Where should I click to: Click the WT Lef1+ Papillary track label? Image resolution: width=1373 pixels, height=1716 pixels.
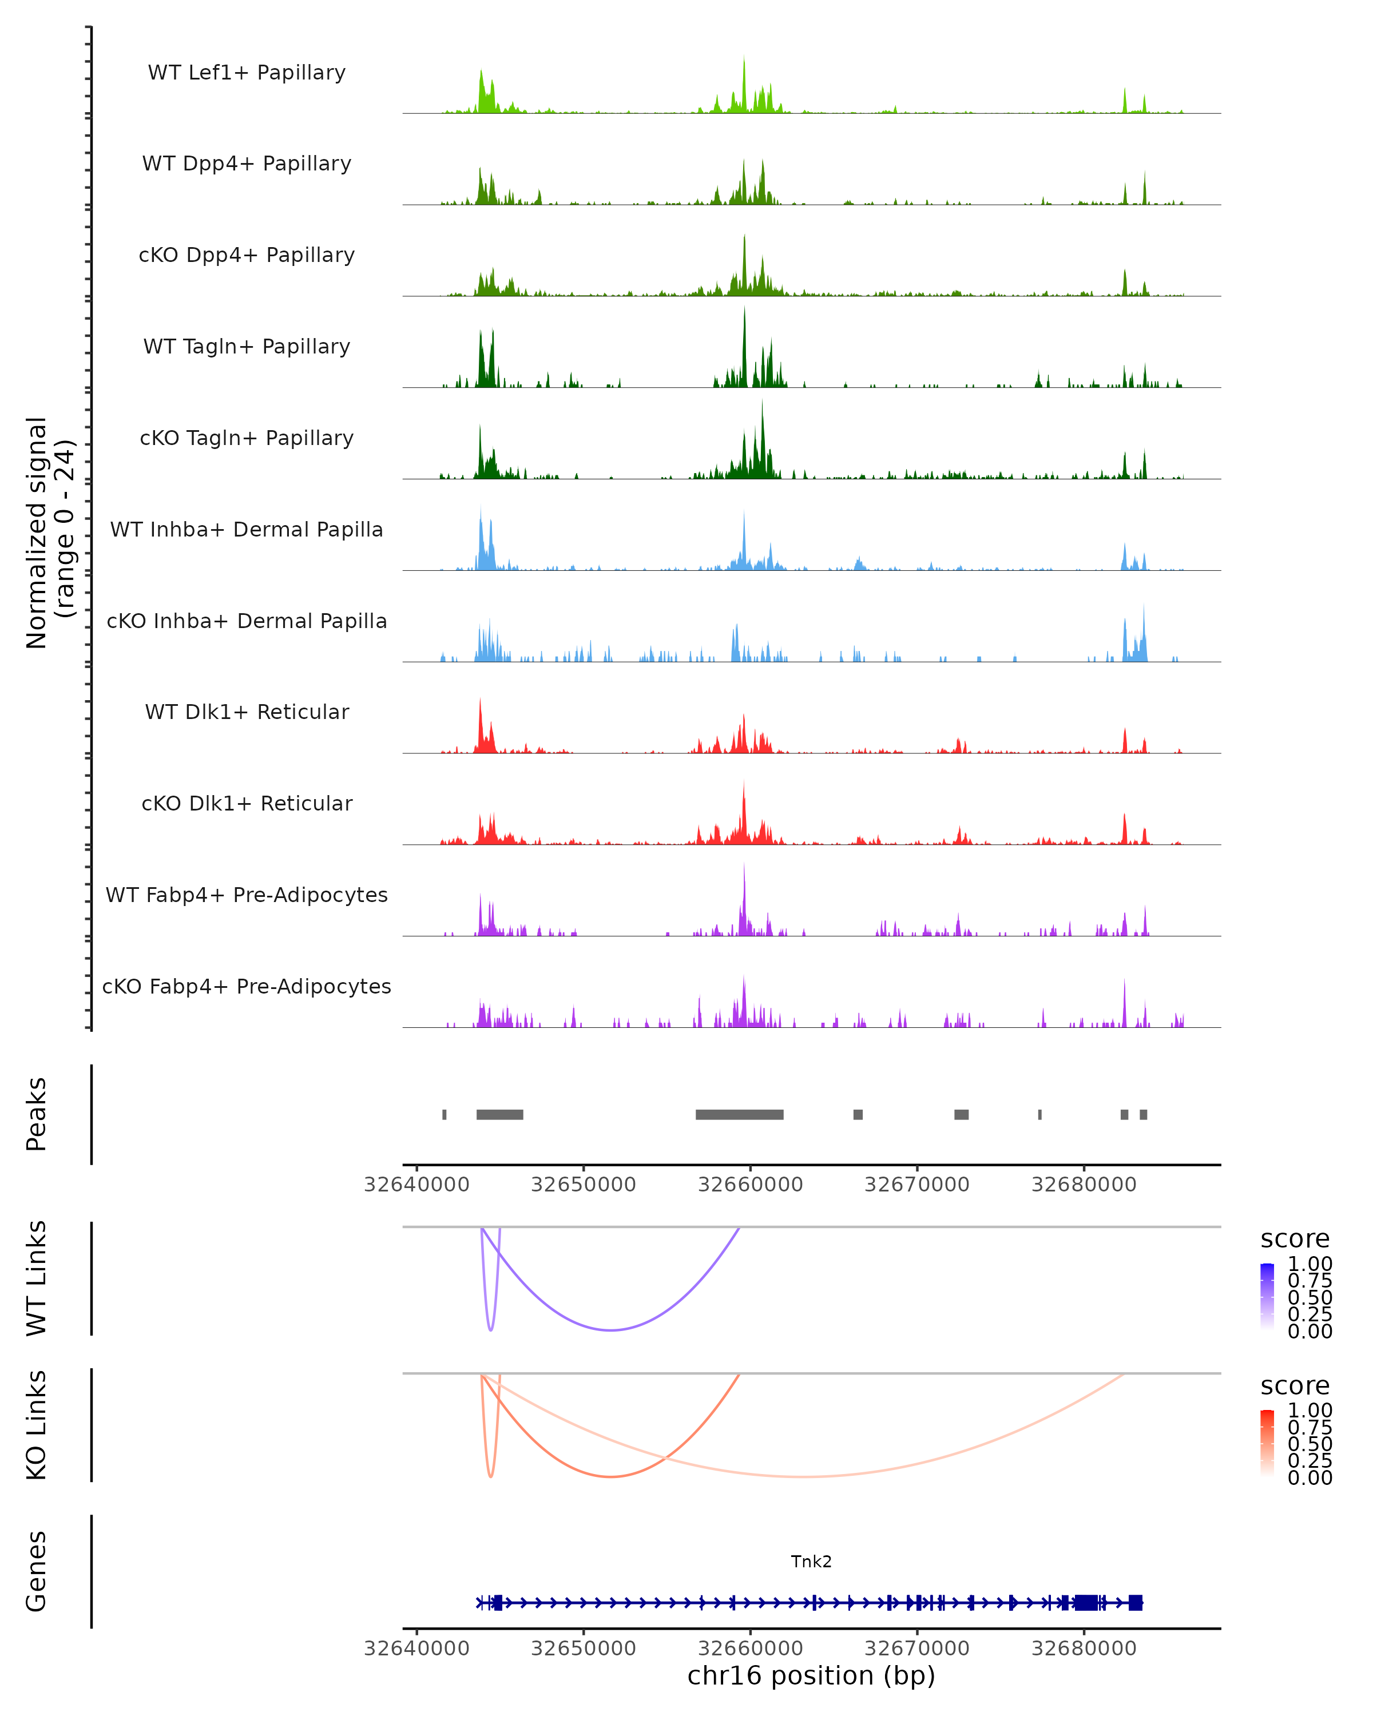(247, 73)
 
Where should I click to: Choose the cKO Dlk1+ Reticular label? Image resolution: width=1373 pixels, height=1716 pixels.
(247, 803)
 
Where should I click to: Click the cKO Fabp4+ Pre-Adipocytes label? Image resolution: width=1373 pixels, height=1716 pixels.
(247, 986)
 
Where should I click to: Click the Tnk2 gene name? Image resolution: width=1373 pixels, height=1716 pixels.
(811, 1562)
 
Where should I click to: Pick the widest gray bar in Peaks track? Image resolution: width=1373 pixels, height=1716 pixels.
(740, 1114)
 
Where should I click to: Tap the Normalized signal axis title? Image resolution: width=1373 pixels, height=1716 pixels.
(49, 533)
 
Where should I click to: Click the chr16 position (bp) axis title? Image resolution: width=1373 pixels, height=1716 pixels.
(811, 1675)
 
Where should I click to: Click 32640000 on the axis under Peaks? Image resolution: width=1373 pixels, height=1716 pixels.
(416, 1185)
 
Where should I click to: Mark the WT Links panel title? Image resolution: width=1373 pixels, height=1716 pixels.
(37, 1277)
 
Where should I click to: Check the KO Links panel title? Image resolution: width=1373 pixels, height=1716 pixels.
(37, 1425)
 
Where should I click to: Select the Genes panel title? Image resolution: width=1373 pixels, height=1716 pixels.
(37, 1571)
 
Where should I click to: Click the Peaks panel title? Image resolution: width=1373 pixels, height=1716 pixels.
(37, 1114)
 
